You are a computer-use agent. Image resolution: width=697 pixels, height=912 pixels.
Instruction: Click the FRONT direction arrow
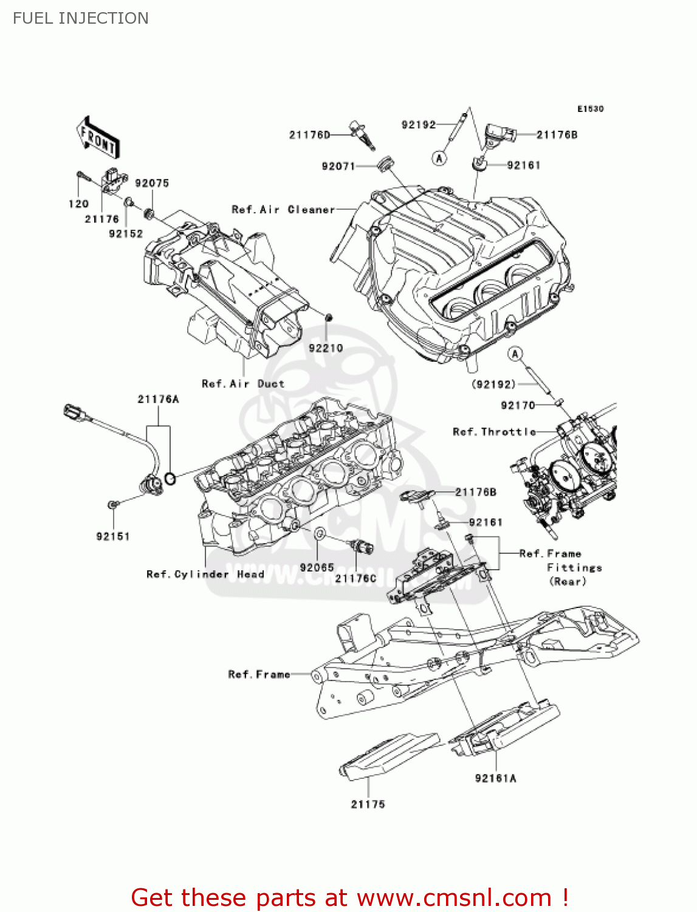coord(98,138)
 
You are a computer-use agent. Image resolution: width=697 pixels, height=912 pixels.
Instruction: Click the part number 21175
coord(368,804)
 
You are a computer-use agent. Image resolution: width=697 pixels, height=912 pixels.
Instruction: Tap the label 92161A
coord(495,778)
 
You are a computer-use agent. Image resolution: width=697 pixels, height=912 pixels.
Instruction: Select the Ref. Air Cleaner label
coord(283,209)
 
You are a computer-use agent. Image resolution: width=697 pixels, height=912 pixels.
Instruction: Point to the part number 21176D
coord(309,134)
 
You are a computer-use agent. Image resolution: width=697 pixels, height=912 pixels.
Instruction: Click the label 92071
coord(338,166)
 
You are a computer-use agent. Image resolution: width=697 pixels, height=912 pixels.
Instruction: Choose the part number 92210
coord(326,348)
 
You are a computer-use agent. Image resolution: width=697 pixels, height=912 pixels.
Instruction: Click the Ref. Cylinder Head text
coord(205,574)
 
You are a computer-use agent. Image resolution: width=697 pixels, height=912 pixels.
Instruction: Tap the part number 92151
coord(113,536)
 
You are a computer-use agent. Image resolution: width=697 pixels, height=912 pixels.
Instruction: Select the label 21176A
coord(158,399)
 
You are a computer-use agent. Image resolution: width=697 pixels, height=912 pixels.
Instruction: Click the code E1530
coord(590,109)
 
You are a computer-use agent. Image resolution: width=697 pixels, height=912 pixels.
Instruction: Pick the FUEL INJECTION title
coord(80,18)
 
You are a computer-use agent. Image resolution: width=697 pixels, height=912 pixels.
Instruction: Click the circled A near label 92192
coord(439,158)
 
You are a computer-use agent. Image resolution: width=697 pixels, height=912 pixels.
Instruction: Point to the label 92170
coord(518,405)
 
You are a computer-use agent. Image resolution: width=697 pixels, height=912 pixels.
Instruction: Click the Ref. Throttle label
coord(494,432)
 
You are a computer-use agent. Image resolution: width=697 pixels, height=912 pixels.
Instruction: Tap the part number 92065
coord(317,567)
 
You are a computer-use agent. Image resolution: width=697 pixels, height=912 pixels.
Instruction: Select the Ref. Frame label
coord(259,674)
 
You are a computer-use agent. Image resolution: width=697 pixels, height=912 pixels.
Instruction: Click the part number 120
coord(78,204)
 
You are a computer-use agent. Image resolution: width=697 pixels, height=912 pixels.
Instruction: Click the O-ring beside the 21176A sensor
coord(171,479)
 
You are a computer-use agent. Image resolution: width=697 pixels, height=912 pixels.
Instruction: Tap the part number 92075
coord(151,183)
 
